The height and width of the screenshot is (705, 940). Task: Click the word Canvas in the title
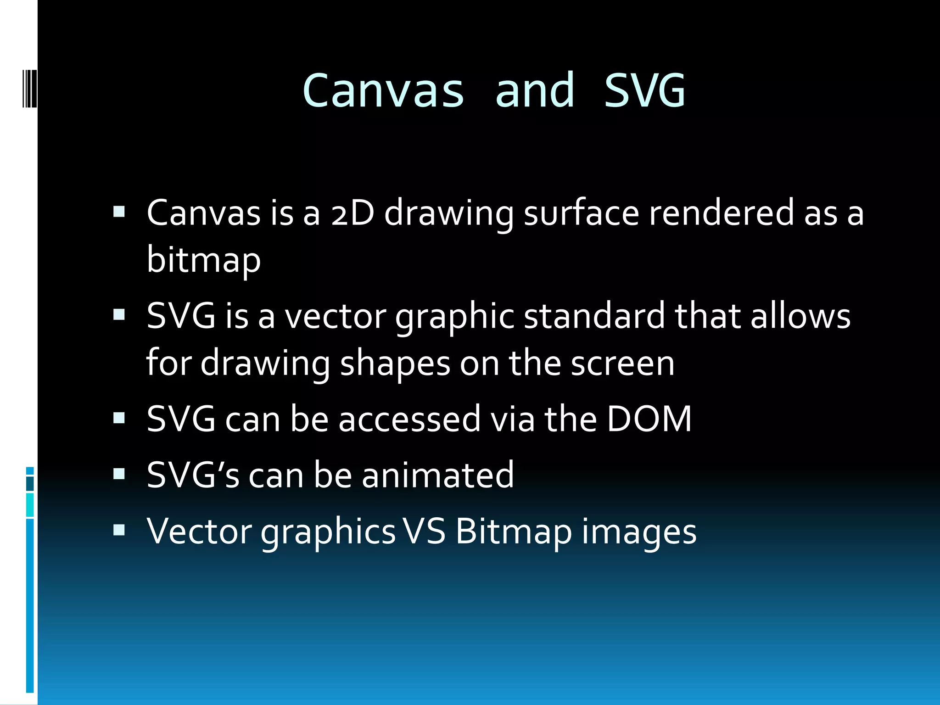(383, 91)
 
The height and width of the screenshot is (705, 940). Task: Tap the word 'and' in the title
(535, 91)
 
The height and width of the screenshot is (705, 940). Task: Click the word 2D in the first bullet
(352, 213)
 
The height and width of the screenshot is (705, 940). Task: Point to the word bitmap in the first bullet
(203, 260)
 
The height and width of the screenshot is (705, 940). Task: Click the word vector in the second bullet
(336, 317)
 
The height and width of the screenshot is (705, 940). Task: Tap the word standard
(594, 317)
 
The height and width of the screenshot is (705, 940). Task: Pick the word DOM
(649, 419)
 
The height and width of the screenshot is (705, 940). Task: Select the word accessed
(409, 419)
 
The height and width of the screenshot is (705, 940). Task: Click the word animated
(438, 475)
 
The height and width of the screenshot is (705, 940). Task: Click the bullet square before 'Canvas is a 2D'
(119, 212)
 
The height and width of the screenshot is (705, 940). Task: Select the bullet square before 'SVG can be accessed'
(119, 418)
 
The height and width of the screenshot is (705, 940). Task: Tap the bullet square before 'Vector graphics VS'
(119, 530)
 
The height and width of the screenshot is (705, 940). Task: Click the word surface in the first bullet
(581, 213)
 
